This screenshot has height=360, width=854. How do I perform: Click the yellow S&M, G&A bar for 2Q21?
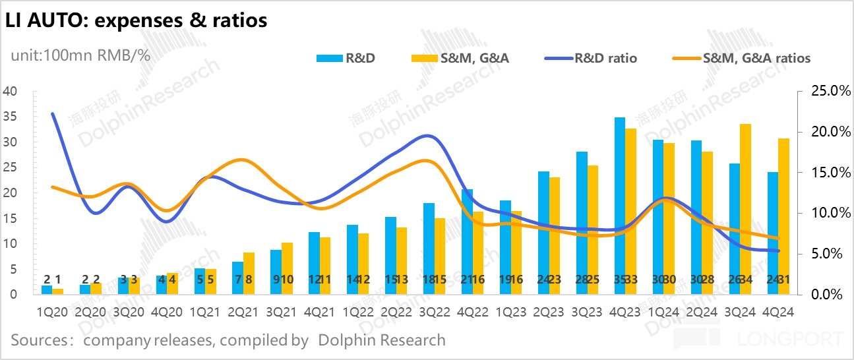pyautogui.click(x=249, y=273)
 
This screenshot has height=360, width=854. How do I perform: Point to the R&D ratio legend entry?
pyautogui.click(x=591, y=58)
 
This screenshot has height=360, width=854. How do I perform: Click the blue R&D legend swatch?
pyautogui.click(x=328, y=58)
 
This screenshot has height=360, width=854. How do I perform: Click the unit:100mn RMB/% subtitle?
pyautogui.click(x=80, y=55)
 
